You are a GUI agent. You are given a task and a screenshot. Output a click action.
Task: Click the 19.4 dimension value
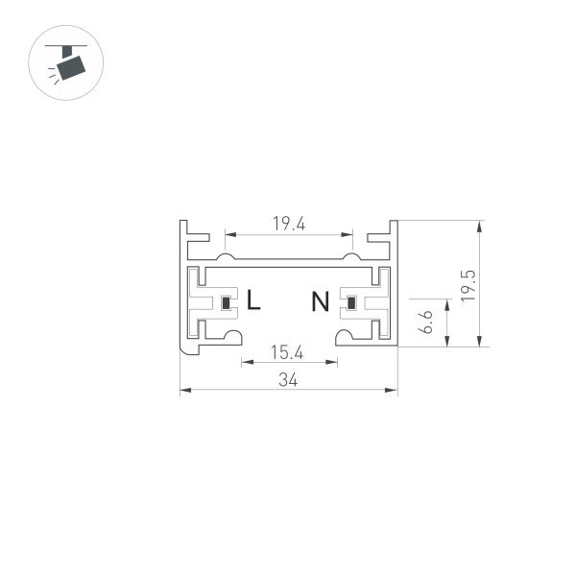pyautogui.click(x=288, y=224)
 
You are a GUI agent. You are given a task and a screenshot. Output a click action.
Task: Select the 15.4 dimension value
pyautogui.click(x=287, y=352)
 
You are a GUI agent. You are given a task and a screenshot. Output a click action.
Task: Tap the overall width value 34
pyautogui.click(x=288, y=380)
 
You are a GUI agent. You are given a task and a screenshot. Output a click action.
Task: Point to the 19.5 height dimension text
pyautogui.click(x=467, y=285)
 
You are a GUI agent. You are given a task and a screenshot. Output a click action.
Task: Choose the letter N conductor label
pyautogui.click(x=320, y=302)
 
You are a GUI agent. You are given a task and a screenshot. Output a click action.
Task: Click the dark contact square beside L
pyautogui.click(x=227, y=305)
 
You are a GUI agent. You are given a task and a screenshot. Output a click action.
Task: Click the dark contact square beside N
pyautogui.click(x=351, y=305)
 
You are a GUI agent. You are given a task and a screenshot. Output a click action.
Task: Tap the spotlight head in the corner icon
pyautogui.click(x=70, y=67)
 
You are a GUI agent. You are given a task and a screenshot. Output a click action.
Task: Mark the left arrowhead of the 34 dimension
pyautogui.click(x=184, y=390)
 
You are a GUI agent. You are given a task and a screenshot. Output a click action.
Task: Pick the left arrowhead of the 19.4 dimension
pyautogui.click(x=228, y=233)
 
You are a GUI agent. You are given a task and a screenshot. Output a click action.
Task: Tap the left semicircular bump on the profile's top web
pyautogui.click(x=225, y=256)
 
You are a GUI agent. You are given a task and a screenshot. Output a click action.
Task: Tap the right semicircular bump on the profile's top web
pyautogui.click(x=352, y=256)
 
